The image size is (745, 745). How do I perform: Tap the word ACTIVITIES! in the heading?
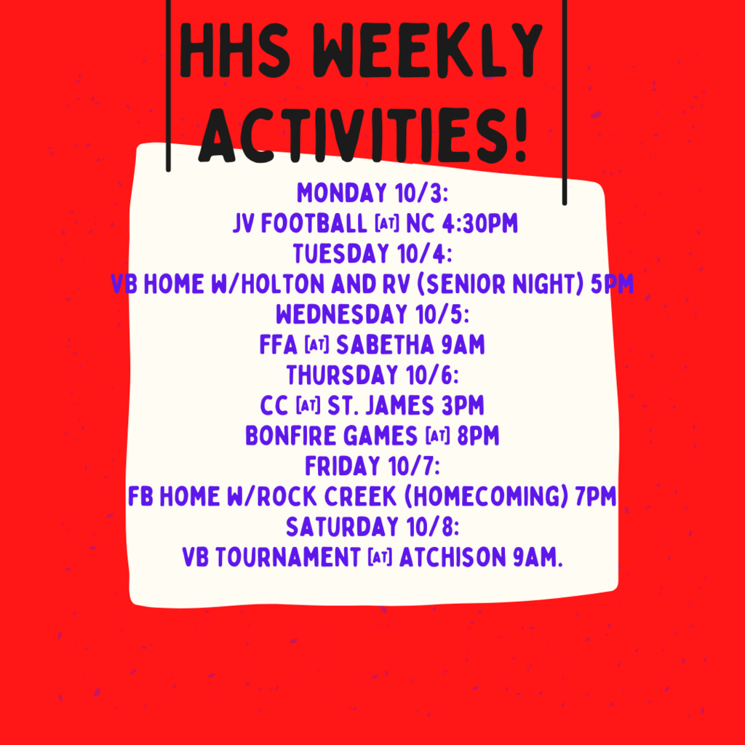[x=364, y=136]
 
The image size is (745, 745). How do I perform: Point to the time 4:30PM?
[x=480, y=223]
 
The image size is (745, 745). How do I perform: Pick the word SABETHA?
[x=385, y=344]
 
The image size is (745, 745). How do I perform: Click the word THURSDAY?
[x=335, y=375]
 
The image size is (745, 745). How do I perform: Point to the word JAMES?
[x=399, y=405]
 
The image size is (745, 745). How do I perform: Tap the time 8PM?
[x=478, y=436]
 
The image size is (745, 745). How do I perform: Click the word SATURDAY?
[x=342, y=527]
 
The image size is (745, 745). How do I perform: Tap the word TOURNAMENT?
[x=288, y=557]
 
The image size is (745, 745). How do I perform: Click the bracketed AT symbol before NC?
[x=387, y=224]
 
